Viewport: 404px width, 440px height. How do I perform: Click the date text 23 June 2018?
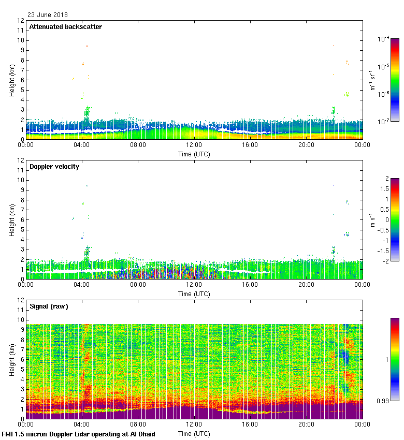tap(47, 15)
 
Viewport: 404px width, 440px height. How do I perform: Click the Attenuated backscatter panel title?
tap(65, 27)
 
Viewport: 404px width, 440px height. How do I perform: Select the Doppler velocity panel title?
tap(56, 167)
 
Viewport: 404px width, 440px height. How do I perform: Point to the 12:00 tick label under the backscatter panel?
tap(194, 145)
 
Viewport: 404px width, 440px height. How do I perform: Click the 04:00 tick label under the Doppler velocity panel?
tap(82, 285)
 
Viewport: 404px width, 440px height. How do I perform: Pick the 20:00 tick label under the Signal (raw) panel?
tap(306, 425)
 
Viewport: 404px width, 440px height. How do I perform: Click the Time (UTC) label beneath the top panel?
tap(194, 154)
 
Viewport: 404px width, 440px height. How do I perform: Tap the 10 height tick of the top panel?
tap(21, 40)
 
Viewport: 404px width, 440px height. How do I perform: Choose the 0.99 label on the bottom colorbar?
tap(383, 401)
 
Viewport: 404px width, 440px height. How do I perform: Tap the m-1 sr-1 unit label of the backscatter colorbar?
tap(372, 80)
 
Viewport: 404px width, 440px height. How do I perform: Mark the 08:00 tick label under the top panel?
tap(138, 145)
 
